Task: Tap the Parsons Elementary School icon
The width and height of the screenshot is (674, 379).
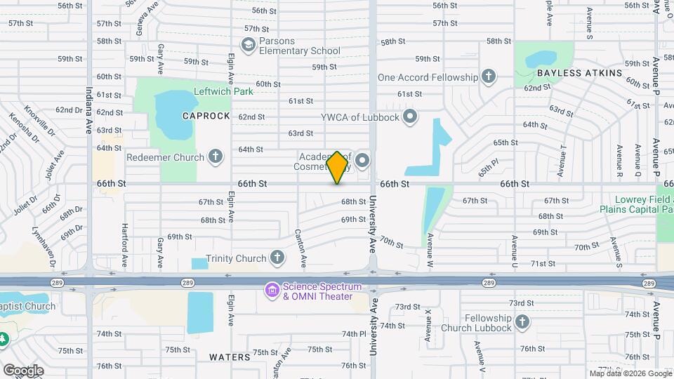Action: click(248, 45)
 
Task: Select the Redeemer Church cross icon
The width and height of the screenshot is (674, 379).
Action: click(216, 157)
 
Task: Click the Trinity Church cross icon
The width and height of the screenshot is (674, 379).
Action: click(277, 258)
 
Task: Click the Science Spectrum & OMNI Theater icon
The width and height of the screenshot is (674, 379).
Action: click(271, 288)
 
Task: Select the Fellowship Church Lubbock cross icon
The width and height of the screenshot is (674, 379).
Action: click(522, 322)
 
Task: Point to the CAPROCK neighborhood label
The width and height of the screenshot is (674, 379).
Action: click(206, 116)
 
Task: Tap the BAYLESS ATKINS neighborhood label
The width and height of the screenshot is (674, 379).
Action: click(579, 73)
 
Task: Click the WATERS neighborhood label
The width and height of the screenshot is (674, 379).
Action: click(230, 357)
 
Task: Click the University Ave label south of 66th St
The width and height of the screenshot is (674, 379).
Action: click(374, 225)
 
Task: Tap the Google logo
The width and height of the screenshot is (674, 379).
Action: click(23, 370)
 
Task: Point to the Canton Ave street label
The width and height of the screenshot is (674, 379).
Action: click(301, 247)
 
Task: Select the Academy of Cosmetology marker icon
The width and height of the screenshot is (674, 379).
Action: click(362, 161)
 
